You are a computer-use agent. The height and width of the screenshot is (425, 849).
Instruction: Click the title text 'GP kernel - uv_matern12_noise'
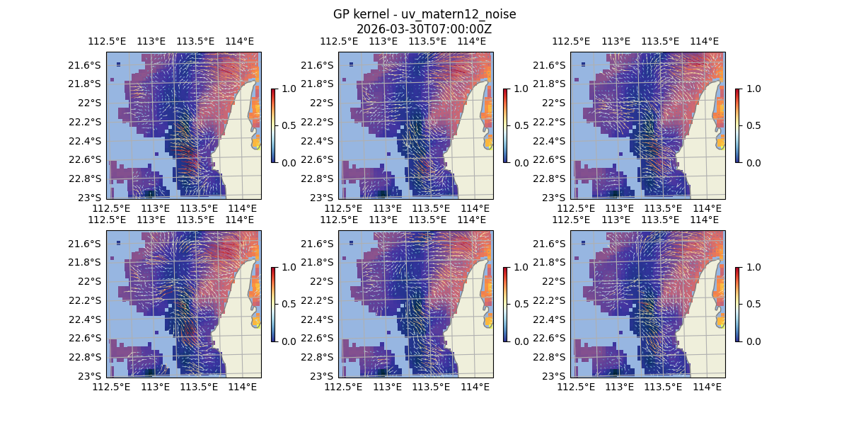(424, 15)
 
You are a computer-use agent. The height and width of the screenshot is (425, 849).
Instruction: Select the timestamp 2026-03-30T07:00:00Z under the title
(424, 29)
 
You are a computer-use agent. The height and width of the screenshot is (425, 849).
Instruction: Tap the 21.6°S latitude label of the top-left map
(88, 65)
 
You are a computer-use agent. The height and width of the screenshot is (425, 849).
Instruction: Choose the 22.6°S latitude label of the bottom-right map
(553, 338)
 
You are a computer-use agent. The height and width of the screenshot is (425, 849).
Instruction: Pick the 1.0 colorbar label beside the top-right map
(753, 89)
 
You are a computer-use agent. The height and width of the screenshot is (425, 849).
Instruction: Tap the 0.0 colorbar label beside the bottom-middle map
(521, 341)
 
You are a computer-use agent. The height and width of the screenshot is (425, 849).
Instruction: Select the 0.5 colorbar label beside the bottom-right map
(753, 304)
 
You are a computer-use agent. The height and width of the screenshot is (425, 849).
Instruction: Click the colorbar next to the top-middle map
(505, 125)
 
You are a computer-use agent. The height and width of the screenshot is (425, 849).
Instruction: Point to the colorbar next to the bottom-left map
(273, 304)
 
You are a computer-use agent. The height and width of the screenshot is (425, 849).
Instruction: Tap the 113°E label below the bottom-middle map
(386, 387)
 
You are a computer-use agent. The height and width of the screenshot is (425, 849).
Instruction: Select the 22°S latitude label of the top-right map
(558, 103)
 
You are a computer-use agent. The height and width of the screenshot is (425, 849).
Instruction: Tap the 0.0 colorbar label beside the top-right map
(753, 162)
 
